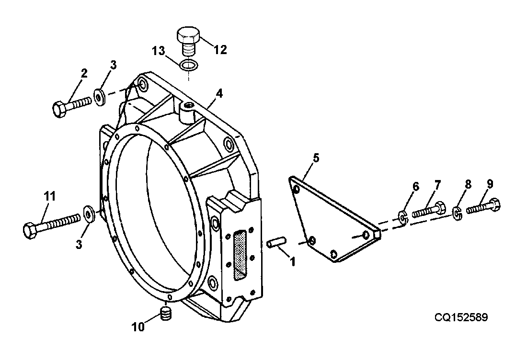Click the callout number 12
(220, 50)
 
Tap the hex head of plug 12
(189, 34)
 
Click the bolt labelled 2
(72, 105)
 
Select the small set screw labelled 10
(166, 314)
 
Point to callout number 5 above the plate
(316, 157)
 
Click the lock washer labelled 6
(402, 217)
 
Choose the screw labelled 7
(429, 210)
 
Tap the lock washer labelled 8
(457, 213)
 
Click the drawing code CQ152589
(461, 317)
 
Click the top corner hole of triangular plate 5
(296, 190)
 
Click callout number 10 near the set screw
(138, 327)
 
